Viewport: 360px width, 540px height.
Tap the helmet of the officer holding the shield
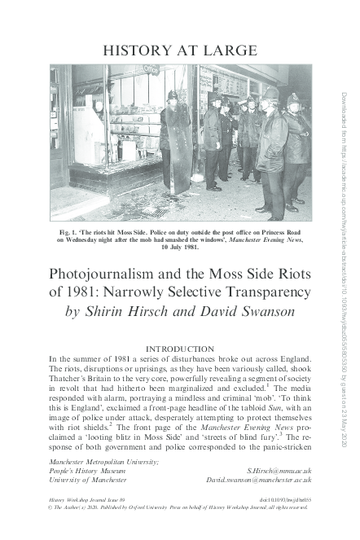(172, 96)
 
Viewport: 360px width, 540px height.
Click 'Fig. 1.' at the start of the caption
(68, 232)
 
